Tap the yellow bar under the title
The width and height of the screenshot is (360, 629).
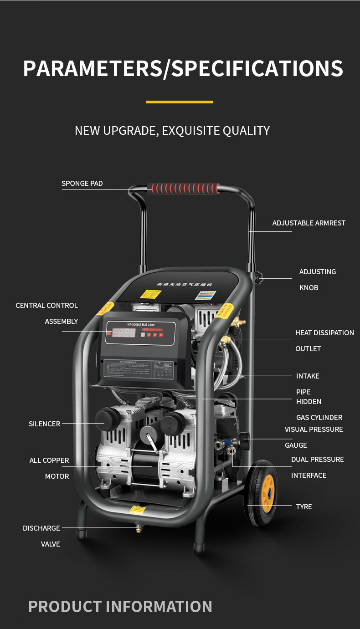coord(179,102)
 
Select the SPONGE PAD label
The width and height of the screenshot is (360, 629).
coord(82,184)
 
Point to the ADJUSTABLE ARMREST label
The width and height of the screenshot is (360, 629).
coord(309,223)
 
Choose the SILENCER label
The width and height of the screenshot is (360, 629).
coord(44,424)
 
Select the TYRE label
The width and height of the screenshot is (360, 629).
coord(304,507)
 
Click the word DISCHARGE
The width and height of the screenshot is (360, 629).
coord(41,528)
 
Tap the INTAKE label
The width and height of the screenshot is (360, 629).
coord(308,376)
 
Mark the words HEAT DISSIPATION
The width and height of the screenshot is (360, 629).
coord(324,333)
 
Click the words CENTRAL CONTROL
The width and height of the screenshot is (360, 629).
coord(46,306)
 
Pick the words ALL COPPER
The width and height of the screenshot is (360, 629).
coord(49,460)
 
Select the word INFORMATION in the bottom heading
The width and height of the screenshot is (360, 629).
coord(159,607)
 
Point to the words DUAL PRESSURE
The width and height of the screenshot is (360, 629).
coord(317,460)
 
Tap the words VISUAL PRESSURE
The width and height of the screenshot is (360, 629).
coord(314,430)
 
